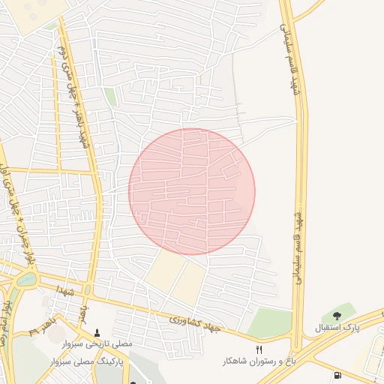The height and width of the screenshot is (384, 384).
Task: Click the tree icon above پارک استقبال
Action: coord(336,316)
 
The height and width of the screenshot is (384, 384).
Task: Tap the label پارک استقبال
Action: coord(336,328)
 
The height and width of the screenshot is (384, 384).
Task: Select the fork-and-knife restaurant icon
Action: coord(259,349)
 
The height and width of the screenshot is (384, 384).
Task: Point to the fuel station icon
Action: coord(337,375)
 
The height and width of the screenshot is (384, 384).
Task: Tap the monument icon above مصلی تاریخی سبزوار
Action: coord(96,332)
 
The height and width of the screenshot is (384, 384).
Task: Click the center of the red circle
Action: coord(192,191)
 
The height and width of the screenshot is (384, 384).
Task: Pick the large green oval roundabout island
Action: coord(26,280)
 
